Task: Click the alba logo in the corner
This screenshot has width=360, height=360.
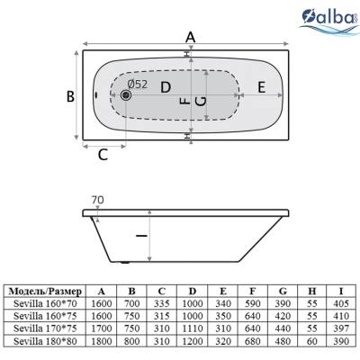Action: [330, 20]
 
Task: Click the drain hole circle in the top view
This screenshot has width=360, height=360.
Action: [126, 95]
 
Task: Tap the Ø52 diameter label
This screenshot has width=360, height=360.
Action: [138, 85]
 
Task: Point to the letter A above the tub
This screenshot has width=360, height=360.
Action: [191, 38]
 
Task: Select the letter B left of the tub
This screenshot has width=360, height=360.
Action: [70, 96]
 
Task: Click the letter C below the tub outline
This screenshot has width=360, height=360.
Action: [103, 155]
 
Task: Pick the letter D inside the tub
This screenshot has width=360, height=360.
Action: [166, 87]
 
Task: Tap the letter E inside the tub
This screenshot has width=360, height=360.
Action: [262, 87]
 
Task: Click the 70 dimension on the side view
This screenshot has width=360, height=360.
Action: [97, 200]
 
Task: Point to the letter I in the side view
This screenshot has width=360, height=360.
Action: [141, 236]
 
